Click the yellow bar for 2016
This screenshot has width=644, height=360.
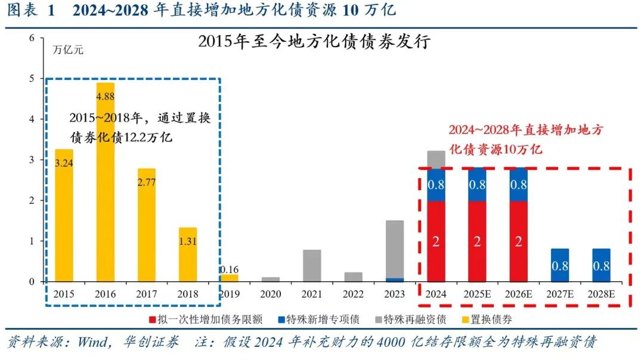coord(105,191)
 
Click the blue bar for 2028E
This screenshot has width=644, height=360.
coord(602,265)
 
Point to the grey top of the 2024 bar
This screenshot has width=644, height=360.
coord(436,159)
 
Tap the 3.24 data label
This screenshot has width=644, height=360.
coord(64,162)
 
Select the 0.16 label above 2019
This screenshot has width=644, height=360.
coord(229,269)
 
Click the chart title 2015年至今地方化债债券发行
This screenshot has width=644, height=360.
coord(314,43)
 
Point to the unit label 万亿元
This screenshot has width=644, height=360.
coord(69,50)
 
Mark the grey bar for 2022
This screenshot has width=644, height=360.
coord(353,277)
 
